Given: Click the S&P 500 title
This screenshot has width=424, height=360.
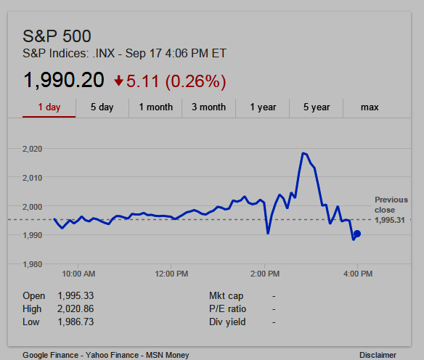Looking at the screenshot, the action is [57, 36].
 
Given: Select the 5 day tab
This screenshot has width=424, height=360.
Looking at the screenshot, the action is [102, 107].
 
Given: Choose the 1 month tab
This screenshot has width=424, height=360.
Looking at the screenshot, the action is [156, 107].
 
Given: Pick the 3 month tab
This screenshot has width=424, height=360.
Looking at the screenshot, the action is [209, 107].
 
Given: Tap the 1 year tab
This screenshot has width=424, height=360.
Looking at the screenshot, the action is [263, 107].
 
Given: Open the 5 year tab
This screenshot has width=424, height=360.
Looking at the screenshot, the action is [317, 107].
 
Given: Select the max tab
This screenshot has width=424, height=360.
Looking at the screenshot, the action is [370, 107].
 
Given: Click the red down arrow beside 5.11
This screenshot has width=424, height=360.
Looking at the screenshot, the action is [119, 81].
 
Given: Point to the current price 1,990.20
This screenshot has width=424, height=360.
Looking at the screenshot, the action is [64, 81].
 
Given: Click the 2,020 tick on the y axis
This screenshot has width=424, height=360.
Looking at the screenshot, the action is [32, 149].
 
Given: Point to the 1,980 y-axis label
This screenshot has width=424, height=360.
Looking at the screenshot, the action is [32, 264].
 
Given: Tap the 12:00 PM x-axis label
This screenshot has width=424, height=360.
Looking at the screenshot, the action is [171, 274].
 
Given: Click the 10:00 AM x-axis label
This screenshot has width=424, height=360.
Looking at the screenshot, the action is [78, 274].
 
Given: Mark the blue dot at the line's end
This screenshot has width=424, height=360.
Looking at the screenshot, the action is [357, 234].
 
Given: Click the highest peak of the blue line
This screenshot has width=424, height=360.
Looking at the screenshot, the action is [303, 153].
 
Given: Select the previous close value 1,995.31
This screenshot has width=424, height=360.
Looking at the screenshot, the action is [390, 220].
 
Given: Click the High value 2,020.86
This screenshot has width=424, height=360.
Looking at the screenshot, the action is [76, 308].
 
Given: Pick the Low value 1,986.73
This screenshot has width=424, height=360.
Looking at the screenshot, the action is [76, 322].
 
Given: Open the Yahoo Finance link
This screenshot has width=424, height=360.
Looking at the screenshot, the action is [112, 355].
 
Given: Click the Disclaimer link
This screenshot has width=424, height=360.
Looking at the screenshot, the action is [378, 355].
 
